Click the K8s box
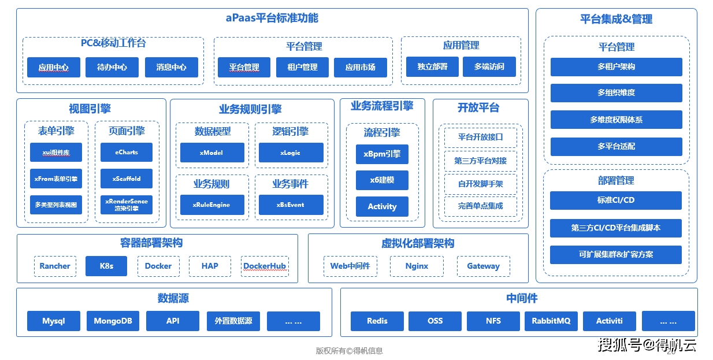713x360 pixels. coord(106,266)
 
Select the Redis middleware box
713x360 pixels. coord(377,321)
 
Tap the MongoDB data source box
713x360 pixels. coord(113,321)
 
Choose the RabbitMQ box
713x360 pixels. coord(551,321)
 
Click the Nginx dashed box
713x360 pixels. coord(417,266)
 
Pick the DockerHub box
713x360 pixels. coord(265,266)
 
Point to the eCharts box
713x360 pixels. coord(127,153)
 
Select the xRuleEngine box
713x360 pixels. coord(212,205)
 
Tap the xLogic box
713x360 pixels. coord(291,153)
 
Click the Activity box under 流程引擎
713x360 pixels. coord(382,206)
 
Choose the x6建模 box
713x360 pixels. coord(382,180)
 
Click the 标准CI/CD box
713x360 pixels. coord(616,200)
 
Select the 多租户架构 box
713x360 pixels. coord(616,66)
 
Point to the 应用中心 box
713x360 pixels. coord(54,67)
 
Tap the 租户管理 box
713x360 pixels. coord(302,67)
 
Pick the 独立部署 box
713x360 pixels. coord(432,66)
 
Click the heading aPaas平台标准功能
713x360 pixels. coord(272,18)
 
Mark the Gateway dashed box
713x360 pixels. coord(483,266)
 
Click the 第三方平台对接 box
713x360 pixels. coord(480,161)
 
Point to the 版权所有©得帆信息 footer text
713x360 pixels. coord(349,351)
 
